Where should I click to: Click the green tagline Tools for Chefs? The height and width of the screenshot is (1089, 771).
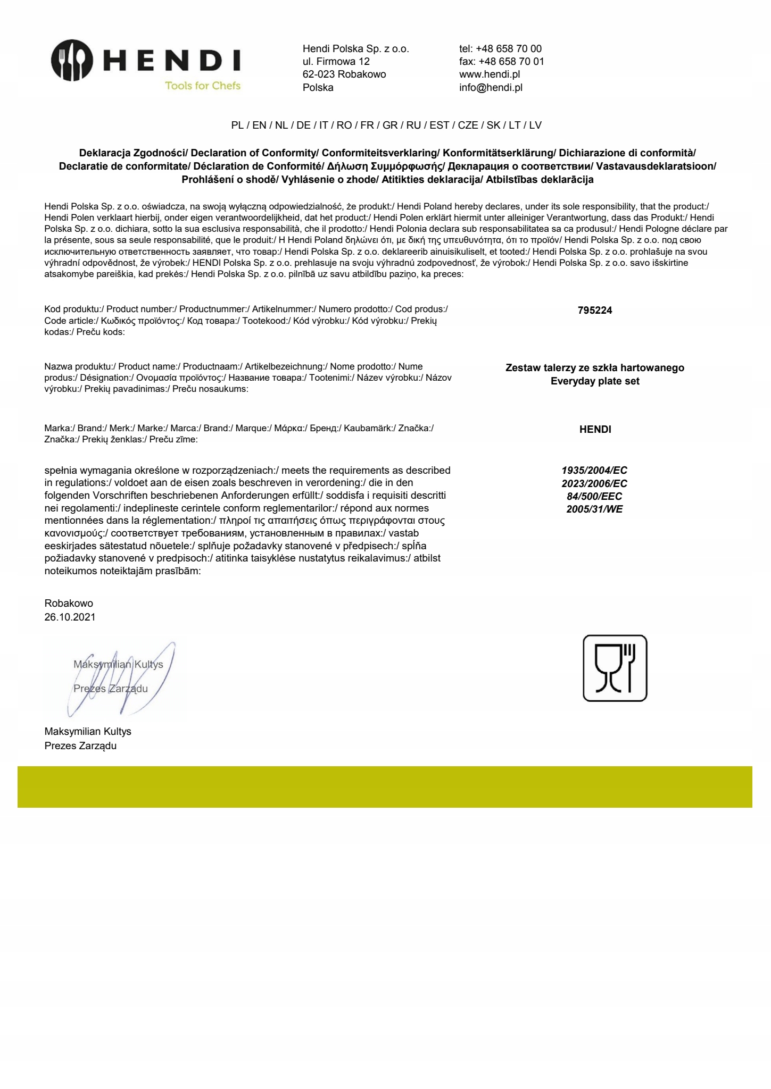click(x=203, y=86)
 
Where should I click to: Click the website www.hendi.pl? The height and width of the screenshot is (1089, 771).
click(x=490, y=74)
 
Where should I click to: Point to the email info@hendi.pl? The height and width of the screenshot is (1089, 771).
click(x=491, y=88)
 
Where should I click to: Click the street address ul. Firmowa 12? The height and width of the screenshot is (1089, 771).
click(x=336, y=62)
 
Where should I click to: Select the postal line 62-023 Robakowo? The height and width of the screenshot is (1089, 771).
click(x=344, y=74)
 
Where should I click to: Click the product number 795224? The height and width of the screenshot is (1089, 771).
click(x=595, y=311)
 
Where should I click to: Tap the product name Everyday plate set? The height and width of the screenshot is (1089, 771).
click(x=595, y=381)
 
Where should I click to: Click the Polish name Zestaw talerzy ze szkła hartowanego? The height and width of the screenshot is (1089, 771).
click(x=595, y=368)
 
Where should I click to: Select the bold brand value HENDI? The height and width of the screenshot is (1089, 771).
click(x=595, y=430)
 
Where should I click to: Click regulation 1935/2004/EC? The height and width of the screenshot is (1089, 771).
click(x=594, y=471)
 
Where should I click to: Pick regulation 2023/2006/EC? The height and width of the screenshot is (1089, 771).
click(x=594, y=484)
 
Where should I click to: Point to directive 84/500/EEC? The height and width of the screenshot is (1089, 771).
click(x=594, y=497)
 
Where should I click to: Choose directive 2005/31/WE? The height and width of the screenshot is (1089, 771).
click(x=594, y=509)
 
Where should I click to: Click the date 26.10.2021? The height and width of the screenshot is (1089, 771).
click(x=70, y=617)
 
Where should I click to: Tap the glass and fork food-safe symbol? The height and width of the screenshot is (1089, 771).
click(x=615, y=668)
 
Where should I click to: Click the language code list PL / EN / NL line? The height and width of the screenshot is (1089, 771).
click(x=386, y=125)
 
